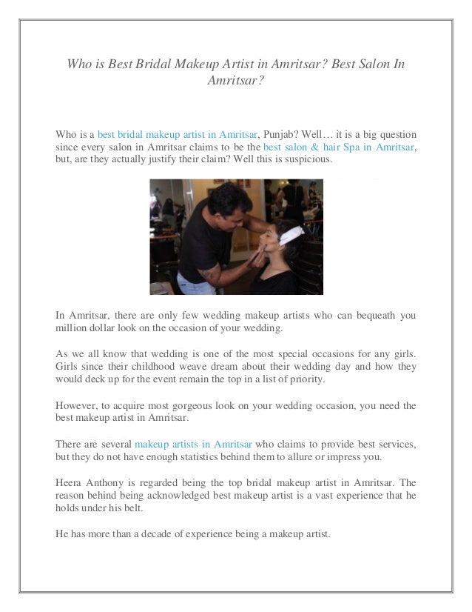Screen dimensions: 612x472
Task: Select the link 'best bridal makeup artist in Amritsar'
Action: coord(178,135)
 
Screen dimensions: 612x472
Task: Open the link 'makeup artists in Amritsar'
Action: coord(194,444)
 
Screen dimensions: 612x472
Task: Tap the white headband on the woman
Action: coord(301,220)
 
